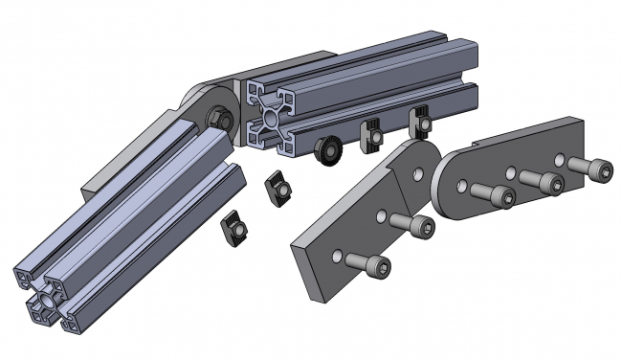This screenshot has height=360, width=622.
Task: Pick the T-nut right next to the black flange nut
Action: tap(375, 137)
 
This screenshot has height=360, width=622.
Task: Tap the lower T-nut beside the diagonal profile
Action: tap(234, 230)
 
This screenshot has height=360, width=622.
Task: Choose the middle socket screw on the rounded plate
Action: tap(543, 182)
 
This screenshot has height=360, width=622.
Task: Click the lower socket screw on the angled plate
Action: tap(369, 264)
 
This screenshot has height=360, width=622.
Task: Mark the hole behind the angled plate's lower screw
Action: tap(336, 255)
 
